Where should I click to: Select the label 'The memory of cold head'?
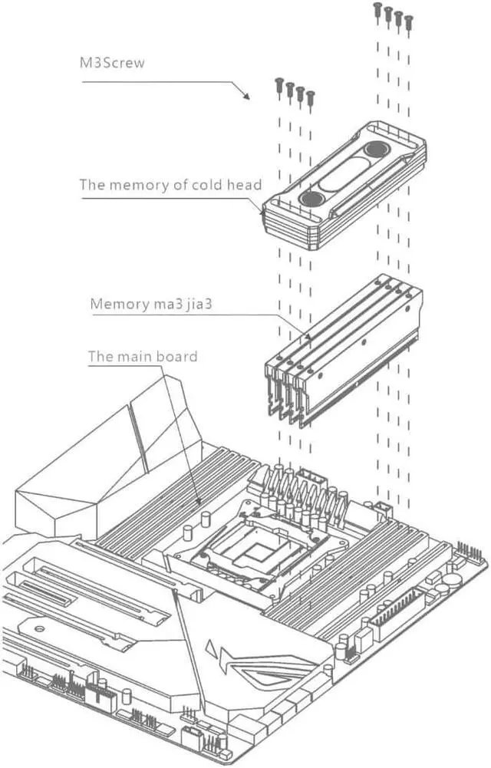[x=170, y=185]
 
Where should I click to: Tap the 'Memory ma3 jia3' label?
[x=150, y=303]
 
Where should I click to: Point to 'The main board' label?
[x=143, y=356]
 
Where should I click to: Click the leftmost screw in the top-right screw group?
[x=377, y=8]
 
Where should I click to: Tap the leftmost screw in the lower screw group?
[x=278, y=83]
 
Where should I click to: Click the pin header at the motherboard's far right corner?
[x=469, y=552]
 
